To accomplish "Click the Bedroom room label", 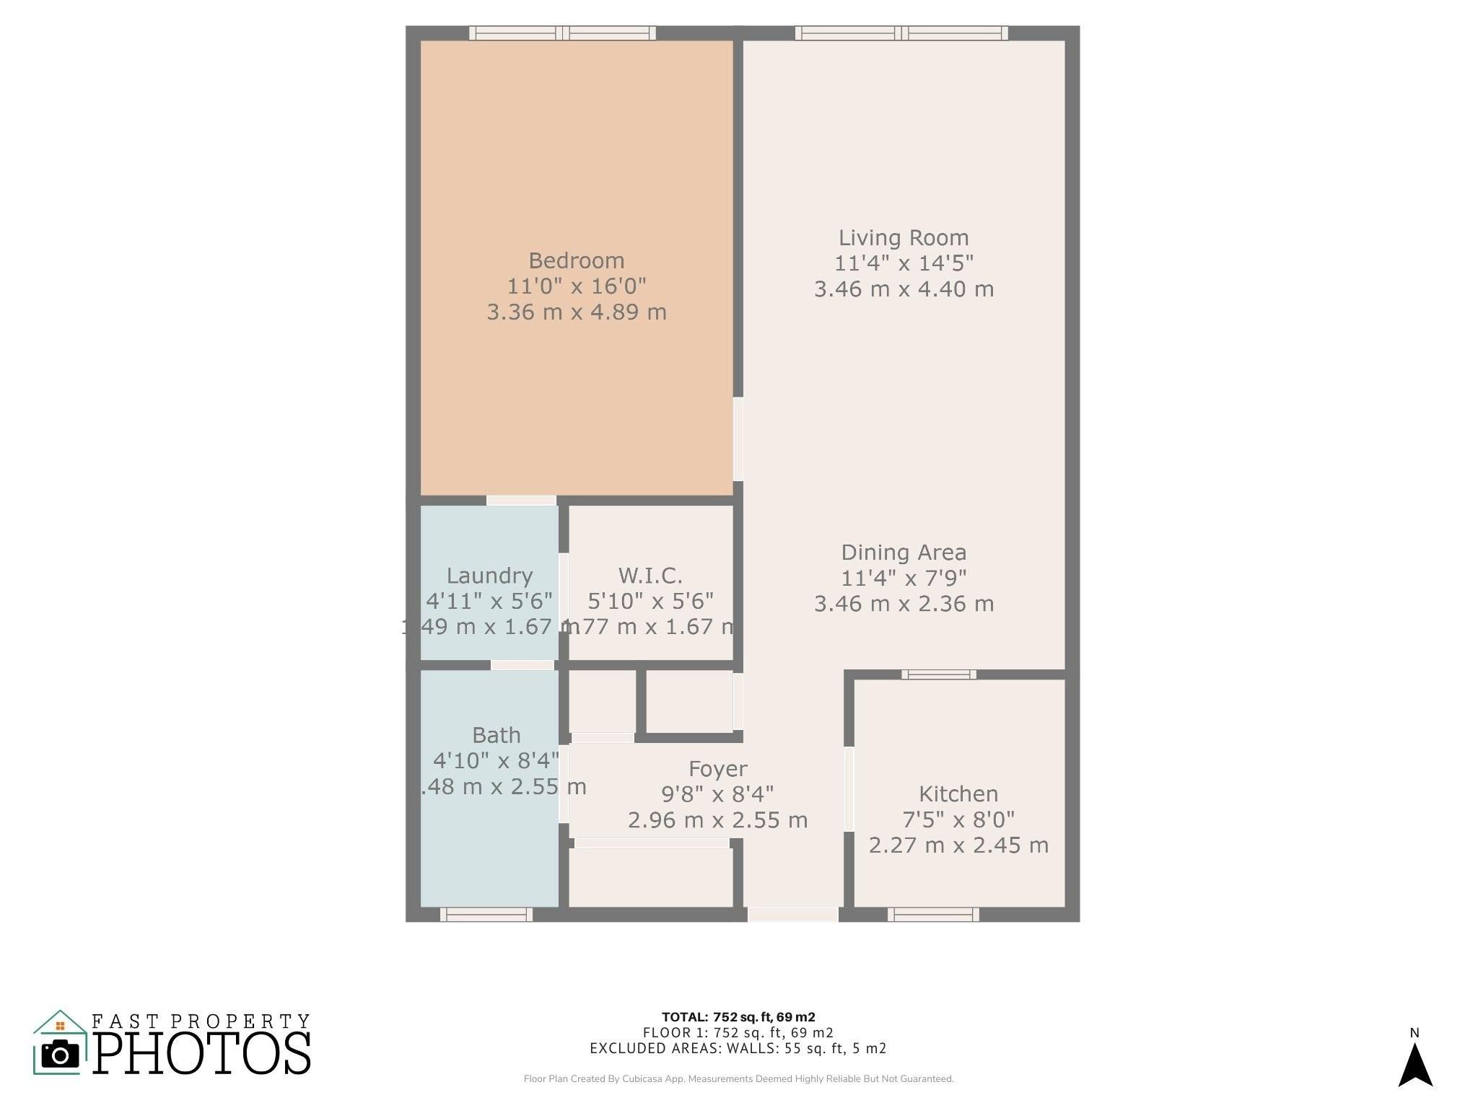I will pos(576,260).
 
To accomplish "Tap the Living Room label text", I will pos(904,237).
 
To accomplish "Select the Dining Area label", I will pos(904,553).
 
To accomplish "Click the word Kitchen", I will pos(958,794).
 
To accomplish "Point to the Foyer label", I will pos(717,769).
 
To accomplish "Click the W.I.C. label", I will pos(650,576).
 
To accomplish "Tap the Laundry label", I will pos(489,576).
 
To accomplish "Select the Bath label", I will pos(497,735).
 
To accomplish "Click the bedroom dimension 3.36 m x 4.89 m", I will pos(576,312).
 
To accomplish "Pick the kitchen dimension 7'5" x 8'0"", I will pos(958,819).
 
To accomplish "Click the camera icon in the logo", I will pos(60,1055).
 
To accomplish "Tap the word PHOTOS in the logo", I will pos(202,1054).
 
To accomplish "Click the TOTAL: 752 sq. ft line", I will pos(738,1017).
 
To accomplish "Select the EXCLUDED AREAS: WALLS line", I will pos(738,1048).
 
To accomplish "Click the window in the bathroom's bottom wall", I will pos(486,915).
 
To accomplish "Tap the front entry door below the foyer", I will pos(792,915).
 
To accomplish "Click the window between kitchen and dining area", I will pos(938,674).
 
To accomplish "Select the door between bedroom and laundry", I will pos(521,501).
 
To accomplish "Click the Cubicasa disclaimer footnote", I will pos(738,1079).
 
